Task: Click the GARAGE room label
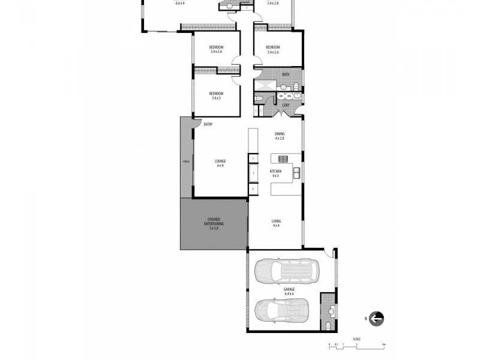pos(289,289)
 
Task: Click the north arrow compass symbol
pos(377,319)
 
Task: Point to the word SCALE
pos(356,339)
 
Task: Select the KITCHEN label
pos(277,171)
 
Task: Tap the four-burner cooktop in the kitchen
pos(283,159)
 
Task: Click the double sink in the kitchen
pos(297,174)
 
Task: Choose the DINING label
pos(280,134)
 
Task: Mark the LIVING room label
pos(277,221)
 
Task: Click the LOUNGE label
pos(220,161)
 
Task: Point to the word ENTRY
pos(208,124)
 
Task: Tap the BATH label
pos(286,74)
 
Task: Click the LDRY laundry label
pos(286,106)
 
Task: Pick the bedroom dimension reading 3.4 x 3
pos(216,98)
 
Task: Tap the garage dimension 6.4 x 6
pos(289,293)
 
